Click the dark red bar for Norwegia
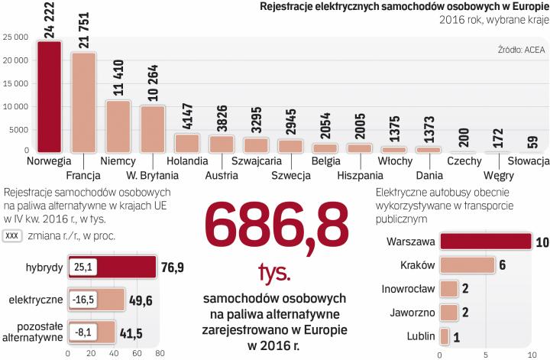tap(50, 96)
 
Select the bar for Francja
tap(83, 102)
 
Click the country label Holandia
tap(186, 161)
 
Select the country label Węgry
tap(498, 175)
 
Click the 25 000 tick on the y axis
tap(16, 37)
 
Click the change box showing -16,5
tap(82, 300)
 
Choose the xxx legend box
tap(11, 237)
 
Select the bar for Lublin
tap(444, 336)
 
